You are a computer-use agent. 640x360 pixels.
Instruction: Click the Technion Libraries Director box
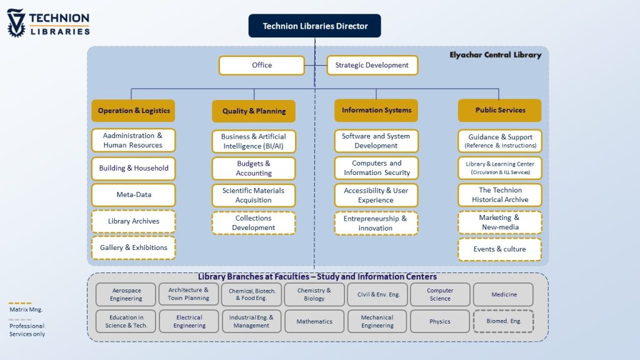314,26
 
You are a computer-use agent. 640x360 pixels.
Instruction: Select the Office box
261,66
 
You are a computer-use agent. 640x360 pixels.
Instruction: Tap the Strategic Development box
372,66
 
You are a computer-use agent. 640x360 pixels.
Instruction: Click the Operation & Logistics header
133,111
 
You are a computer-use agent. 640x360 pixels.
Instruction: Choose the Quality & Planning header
254,111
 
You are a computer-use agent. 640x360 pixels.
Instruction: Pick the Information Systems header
376,111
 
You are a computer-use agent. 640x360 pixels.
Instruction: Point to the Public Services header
500,111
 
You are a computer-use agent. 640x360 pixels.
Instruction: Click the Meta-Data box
133,195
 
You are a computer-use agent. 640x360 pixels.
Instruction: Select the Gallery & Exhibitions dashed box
133,248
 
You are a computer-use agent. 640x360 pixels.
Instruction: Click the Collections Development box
254,223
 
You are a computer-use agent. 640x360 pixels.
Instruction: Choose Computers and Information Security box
376,168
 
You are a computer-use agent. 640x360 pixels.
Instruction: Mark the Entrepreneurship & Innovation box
376,223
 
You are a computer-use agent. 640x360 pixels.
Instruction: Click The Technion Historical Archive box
500,195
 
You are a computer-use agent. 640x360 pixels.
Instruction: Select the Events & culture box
500,249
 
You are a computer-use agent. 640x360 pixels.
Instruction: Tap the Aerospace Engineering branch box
126,294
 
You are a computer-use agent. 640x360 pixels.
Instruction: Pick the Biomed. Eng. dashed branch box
504,321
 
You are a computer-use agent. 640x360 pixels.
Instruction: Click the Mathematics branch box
314,321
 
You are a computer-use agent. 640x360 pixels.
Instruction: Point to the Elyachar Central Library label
495,55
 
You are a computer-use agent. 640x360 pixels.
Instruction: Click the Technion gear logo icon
16,23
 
